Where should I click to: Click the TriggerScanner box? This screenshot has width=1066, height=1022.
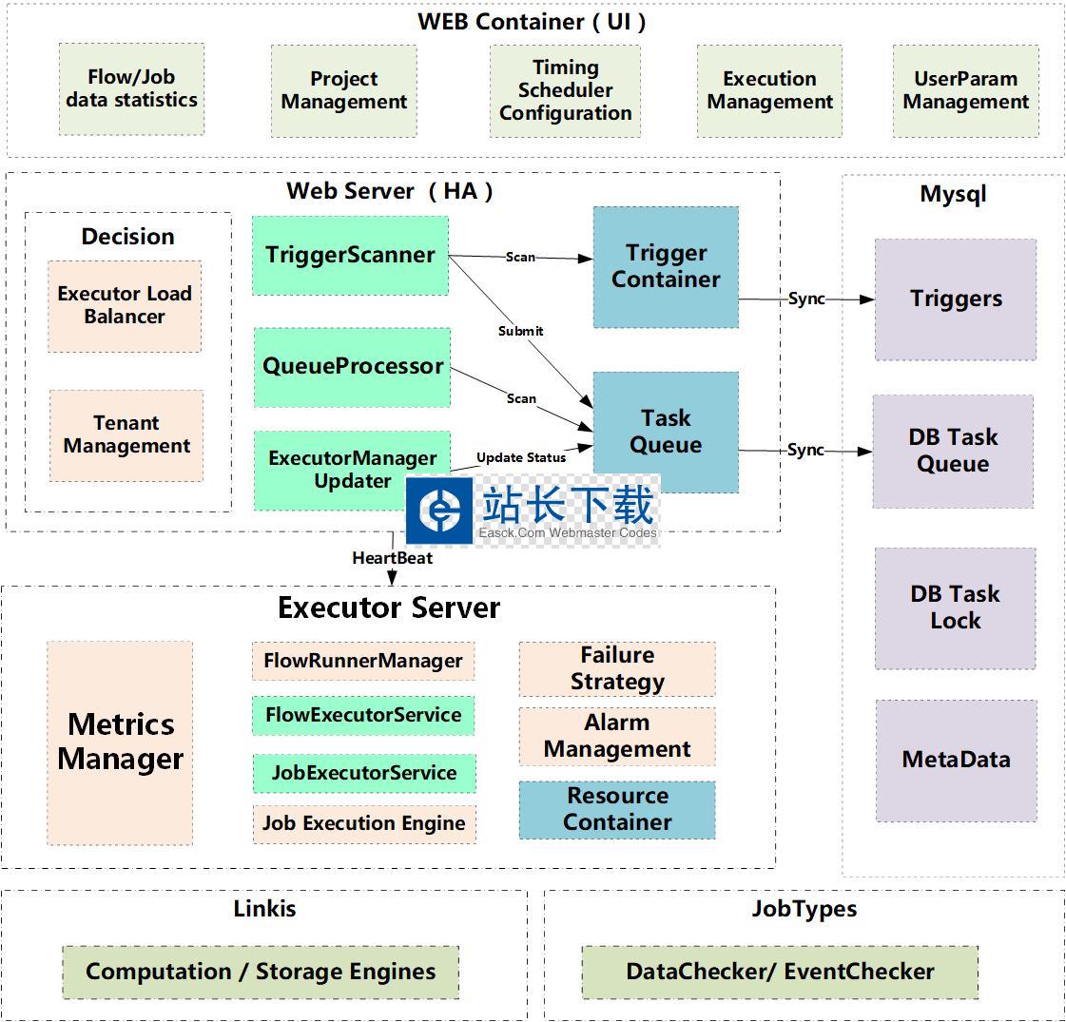(350, 255)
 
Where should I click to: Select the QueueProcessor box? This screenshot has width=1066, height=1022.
(353, 367)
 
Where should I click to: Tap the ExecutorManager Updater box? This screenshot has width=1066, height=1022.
(352, 470)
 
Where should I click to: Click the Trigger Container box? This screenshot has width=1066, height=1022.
(666, 267)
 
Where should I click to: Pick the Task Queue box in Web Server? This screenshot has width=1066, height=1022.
(666, 432)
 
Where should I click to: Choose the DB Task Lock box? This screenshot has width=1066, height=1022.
(955, 607)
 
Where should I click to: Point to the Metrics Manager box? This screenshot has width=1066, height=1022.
(120, 742)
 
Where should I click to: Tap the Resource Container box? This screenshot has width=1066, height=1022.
(617, 809)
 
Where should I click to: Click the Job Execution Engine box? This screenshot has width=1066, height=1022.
(364, 823)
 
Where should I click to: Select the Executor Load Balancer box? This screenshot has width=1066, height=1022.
(125, 305)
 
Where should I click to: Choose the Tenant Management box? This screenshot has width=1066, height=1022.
(126, 434)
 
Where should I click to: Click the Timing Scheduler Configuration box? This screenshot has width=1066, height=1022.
(565, 90)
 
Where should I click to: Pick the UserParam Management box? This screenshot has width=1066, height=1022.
(965, 90)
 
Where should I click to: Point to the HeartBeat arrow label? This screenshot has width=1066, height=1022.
(392, 558)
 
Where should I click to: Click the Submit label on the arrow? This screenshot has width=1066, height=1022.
(521, 331)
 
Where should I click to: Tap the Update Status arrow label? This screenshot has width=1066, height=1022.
(521, 457)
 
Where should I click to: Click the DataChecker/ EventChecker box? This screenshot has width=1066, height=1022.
(780, 972)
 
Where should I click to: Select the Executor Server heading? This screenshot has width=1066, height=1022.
(388, 607)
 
